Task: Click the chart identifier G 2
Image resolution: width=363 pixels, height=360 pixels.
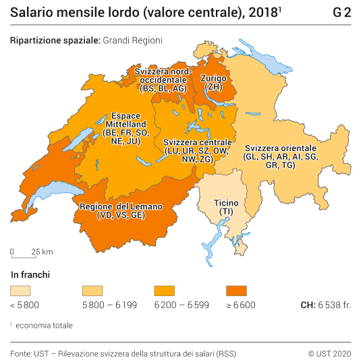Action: pyautogui.click(x=342, y=13)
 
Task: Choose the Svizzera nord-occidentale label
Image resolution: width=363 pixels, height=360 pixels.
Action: pyautogui.click(x=163, y=79)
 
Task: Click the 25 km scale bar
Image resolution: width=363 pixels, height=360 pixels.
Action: pyautogui.click(x=32, y=252)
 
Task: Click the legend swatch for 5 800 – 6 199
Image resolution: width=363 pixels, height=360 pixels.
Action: pyautogui.click(x=92, y=291)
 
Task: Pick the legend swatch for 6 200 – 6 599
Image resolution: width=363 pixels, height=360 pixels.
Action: pyautogui.click(x=165, y=291)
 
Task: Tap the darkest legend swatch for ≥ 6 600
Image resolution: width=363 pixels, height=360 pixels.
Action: pyautogui.click(x=237, y=291)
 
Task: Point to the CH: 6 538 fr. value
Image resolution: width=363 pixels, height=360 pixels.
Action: pyautogui.click(x=326, y=305)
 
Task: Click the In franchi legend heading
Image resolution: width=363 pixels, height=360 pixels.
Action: pyautogui.click(x=30, y=275)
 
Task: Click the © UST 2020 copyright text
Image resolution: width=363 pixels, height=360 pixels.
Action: pyautogui.click(x=330, y=353)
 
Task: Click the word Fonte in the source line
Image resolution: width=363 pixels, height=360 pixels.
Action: pyautogui.click(x=21, y=353)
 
